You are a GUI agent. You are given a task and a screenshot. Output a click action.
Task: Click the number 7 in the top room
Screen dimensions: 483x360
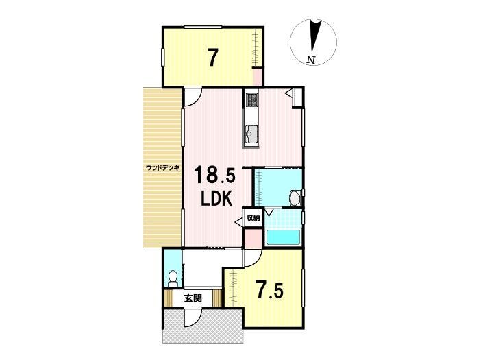[x=212, y=58]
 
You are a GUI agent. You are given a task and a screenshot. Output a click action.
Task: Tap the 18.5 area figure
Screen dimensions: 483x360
[x=214, y=175]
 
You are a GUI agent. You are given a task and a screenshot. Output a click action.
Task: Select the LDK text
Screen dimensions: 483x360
[x=216, y=198]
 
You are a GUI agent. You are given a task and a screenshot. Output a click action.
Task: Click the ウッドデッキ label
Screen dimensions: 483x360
[x=162, y=168]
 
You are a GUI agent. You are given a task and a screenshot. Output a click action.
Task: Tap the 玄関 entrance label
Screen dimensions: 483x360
[x=193, y=298]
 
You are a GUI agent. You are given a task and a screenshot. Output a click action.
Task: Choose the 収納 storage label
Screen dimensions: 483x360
[x=253, y=218]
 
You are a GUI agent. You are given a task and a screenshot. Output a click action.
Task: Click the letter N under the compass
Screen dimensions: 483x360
[x=312, y=60]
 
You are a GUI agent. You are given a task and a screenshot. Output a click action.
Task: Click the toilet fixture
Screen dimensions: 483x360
[x=173, y=278]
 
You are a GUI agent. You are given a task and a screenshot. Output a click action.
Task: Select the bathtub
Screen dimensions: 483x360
[x=283, y=237]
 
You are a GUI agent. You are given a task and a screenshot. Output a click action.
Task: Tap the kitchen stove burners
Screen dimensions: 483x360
[x=252, y=100]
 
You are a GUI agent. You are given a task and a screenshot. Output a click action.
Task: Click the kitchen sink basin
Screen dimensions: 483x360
[x=251, y=134]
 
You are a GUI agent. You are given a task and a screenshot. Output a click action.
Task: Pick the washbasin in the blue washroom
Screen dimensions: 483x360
[x=296, y=197]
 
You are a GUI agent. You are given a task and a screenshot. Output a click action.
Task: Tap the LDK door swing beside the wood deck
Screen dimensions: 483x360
[x=193, y=97]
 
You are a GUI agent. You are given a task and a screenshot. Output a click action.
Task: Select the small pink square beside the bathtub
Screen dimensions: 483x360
[x=253, y=238]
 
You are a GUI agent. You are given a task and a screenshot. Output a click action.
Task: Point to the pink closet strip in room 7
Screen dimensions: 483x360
[x=257, y=77]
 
